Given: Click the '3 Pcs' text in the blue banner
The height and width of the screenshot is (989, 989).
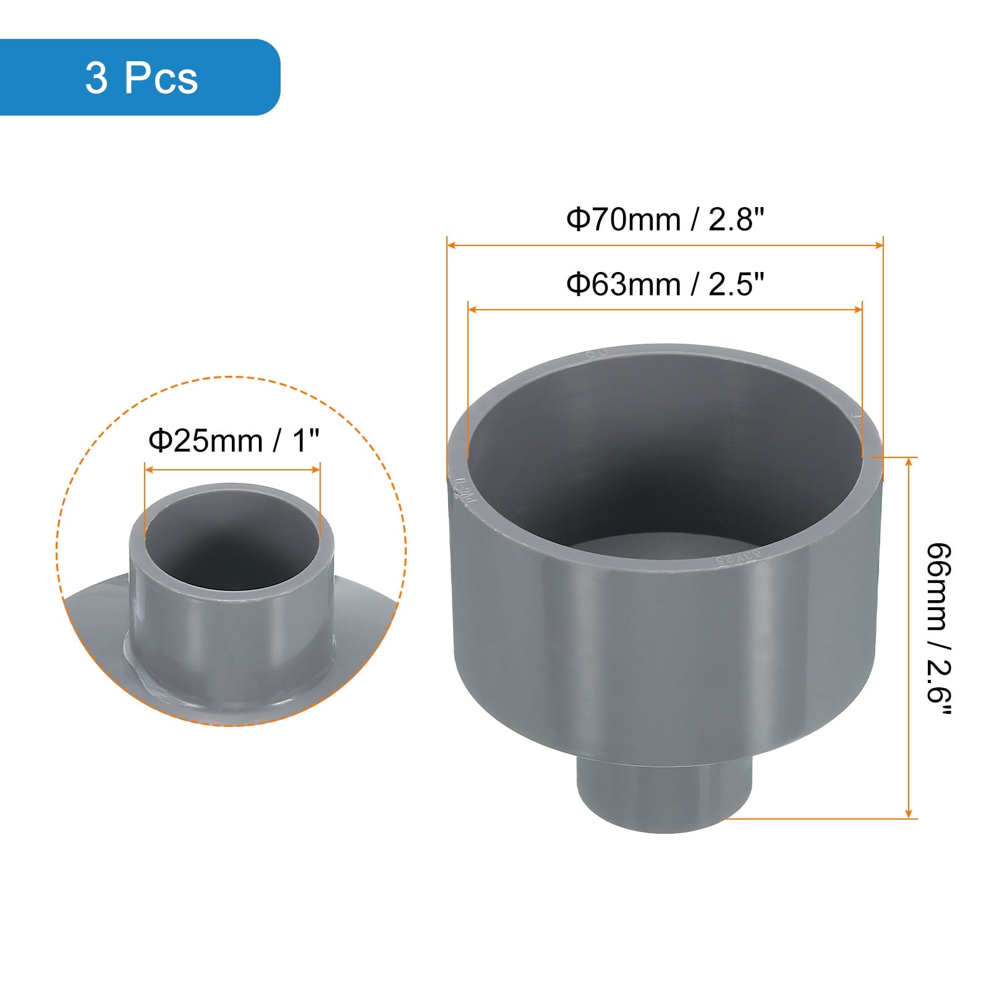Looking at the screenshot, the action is pyautogui.click(x=142, y=79).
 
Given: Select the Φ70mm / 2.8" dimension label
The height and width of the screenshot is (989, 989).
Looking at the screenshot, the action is pyautogui.click(x=665, y=219).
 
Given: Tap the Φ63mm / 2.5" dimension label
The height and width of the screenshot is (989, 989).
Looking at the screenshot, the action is pyautogui.click(x=665, y=284).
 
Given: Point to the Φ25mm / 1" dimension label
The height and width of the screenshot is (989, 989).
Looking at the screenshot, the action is pyautogui.click(x=234, y=441).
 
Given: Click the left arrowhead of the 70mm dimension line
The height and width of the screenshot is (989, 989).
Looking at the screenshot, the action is pyautogui.click(x=451, y=245).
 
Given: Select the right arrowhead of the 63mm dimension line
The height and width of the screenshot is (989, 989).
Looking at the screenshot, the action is pyautogui.click(x=857, y=309).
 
